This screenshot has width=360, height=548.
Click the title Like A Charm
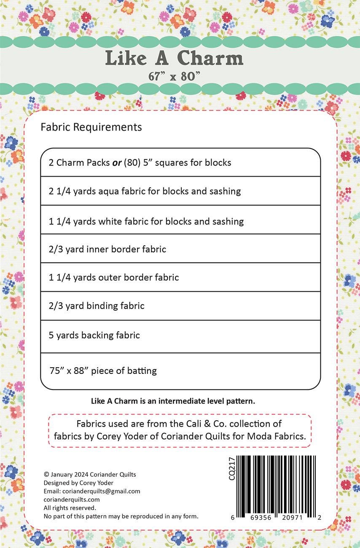point(174,58)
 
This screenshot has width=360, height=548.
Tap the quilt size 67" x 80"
point(174,76)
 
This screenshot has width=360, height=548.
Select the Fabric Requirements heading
point(91,127)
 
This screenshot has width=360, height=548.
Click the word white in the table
point(110,221)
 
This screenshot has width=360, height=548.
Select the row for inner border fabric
point(107,249)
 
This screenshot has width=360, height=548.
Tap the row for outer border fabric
point(114,277)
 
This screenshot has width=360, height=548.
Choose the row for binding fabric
point(97,306)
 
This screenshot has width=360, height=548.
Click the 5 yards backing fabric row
point(94,335)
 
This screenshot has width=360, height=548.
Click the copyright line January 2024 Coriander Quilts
point(90,474)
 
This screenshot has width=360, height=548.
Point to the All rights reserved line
point(70,508)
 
